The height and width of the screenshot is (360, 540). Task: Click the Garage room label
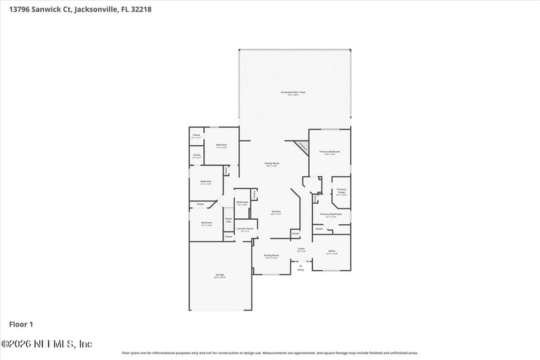click(219, 275)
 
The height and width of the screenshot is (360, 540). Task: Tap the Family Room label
click(271, 163)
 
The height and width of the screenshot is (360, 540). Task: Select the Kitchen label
click(275, 212)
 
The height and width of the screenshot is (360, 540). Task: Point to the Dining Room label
click(271, 255)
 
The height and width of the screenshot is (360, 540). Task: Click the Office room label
click(331, 251)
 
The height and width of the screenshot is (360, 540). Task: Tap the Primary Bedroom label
click(329, 152)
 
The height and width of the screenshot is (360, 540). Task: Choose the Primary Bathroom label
click(331, 214)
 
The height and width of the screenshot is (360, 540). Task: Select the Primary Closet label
click(342, 191)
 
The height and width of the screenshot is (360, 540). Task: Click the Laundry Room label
click(244, 229)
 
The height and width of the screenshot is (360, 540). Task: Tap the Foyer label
click(301, 249)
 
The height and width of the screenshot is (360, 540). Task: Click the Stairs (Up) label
click(228, 220)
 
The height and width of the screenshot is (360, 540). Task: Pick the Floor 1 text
click(22, 324)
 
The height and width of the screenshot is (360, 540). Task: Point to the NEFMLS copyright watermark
click(47, 344)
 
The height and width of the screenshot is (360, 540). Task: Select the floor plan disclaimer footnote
click(269, 353)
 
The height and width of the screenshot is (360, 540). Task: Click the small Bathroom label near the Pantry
click(242, 203)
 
